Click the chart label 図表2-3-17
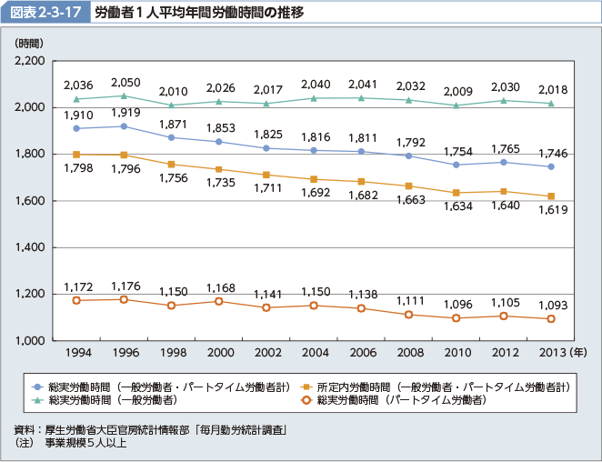coord(46,14)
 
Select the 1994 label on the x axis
coord(76,353)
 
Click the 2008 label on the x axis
coord(410,353)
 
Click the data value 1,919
coord(125,113)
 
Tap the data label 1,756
coord(172,179)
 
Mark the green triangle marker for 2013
coord(550,103)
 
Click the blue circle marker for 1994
coord(76,128)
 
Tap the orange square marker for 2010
coord(456,193)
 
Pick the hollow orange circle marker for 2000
coord(218,301)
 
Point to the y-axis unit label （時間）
coord(28,43)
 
